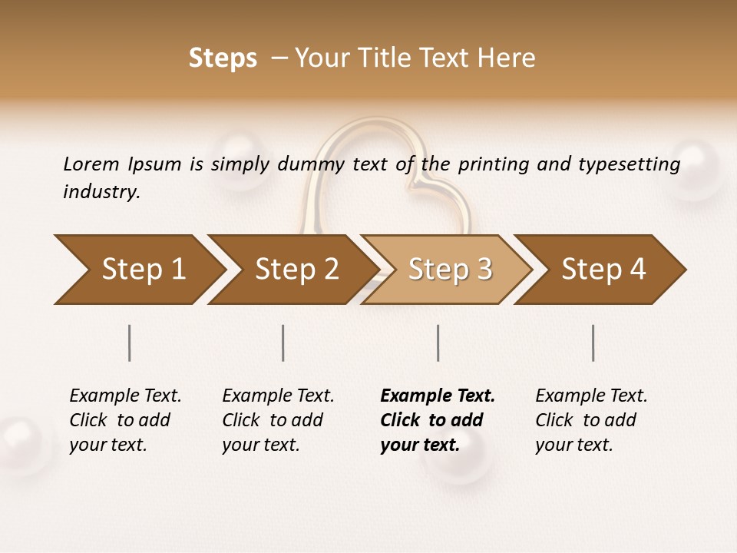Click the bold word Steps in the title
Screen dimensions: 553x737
pos(223,58)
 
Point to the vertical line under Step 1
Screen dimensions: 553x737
pos(130,343)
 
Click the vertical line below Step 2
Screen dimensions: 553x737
pos(283,343)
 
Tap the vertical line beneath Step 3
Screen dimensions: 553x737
pos(438,343)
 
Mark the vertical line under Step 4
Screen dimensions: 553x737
pos(593,343)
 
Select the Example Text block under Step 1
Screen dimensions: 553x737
pos(125,420)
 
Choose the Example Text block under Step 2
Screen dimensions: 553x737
pos(278,420)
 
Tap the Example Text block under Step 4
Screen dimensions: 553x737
pos(591,420)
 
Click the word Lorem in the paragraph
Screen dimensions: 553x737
pos(91,164)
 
